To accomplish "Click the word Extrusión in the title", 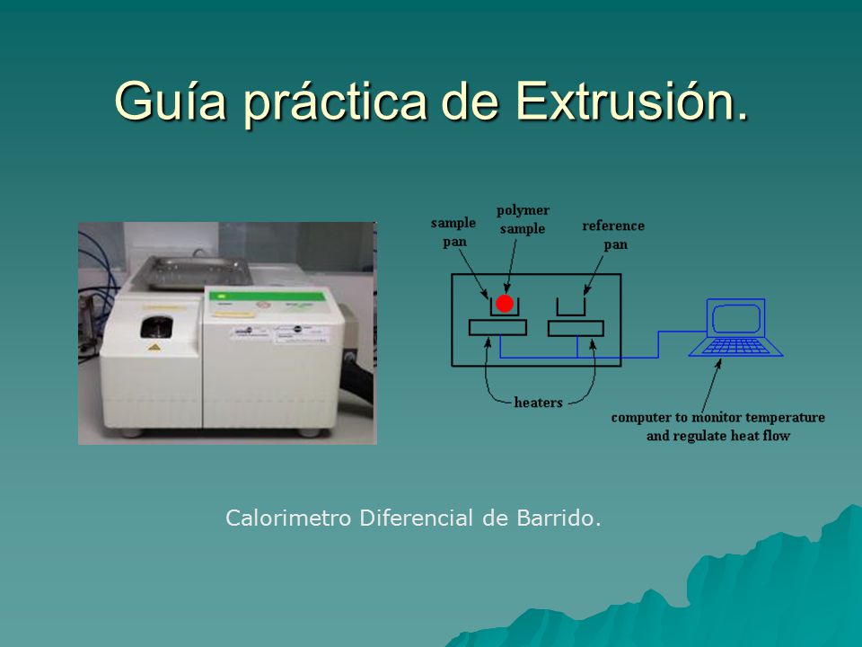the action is tap(632, 101).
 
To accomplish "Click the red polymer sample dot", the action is tap(505, 304).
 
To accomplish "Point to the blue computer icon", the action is tap(735, 327).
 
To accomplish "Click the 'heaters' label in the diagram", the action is tap(538, 403).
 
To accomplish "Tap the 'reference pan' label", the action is tap(613, 235).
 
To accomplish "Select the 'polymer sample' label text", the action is tap(523, 219).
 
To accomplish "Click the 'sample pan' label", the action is tap(453, 232).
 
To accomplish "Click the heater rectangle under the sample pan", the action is tap(497, 328).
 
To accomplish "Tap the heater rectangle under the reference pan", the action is tap(576, 329).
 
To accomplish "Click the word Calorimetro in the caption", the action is tap(288, 518).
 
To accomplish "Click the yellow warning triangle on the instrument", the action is tap(154, 348).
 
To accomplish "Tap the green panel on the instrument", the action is tap(268, 297).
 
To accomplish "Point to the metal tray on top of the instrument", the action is tap(190, 273).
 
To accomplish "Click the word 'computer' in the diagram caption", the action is tap(641, 418).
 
